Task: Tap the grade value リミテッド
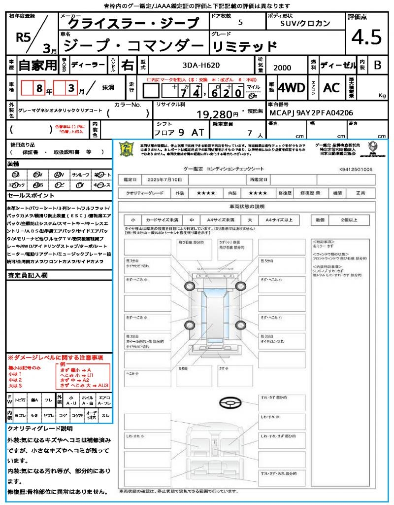(x=244, y=46)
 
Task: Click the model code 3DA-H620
(x=201, y=65)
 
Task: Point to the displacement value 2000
(x=282, y=68)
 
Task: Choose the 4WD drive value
(x=292, y=88)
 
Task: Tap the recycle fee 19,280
(x=218, y=114)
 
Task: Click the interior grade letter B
(x=377, y=65)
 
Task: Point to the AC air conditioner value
(x=331, y=88)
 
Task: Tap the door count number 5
(x=240, y=23)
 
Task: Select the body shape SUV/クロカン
(x=305, y=23)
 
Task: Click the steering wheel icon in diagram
(x=230, y=402)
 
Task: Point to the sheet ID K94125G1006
(x=356, y=169)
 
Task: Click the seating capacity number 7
(x=249, y=133)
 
